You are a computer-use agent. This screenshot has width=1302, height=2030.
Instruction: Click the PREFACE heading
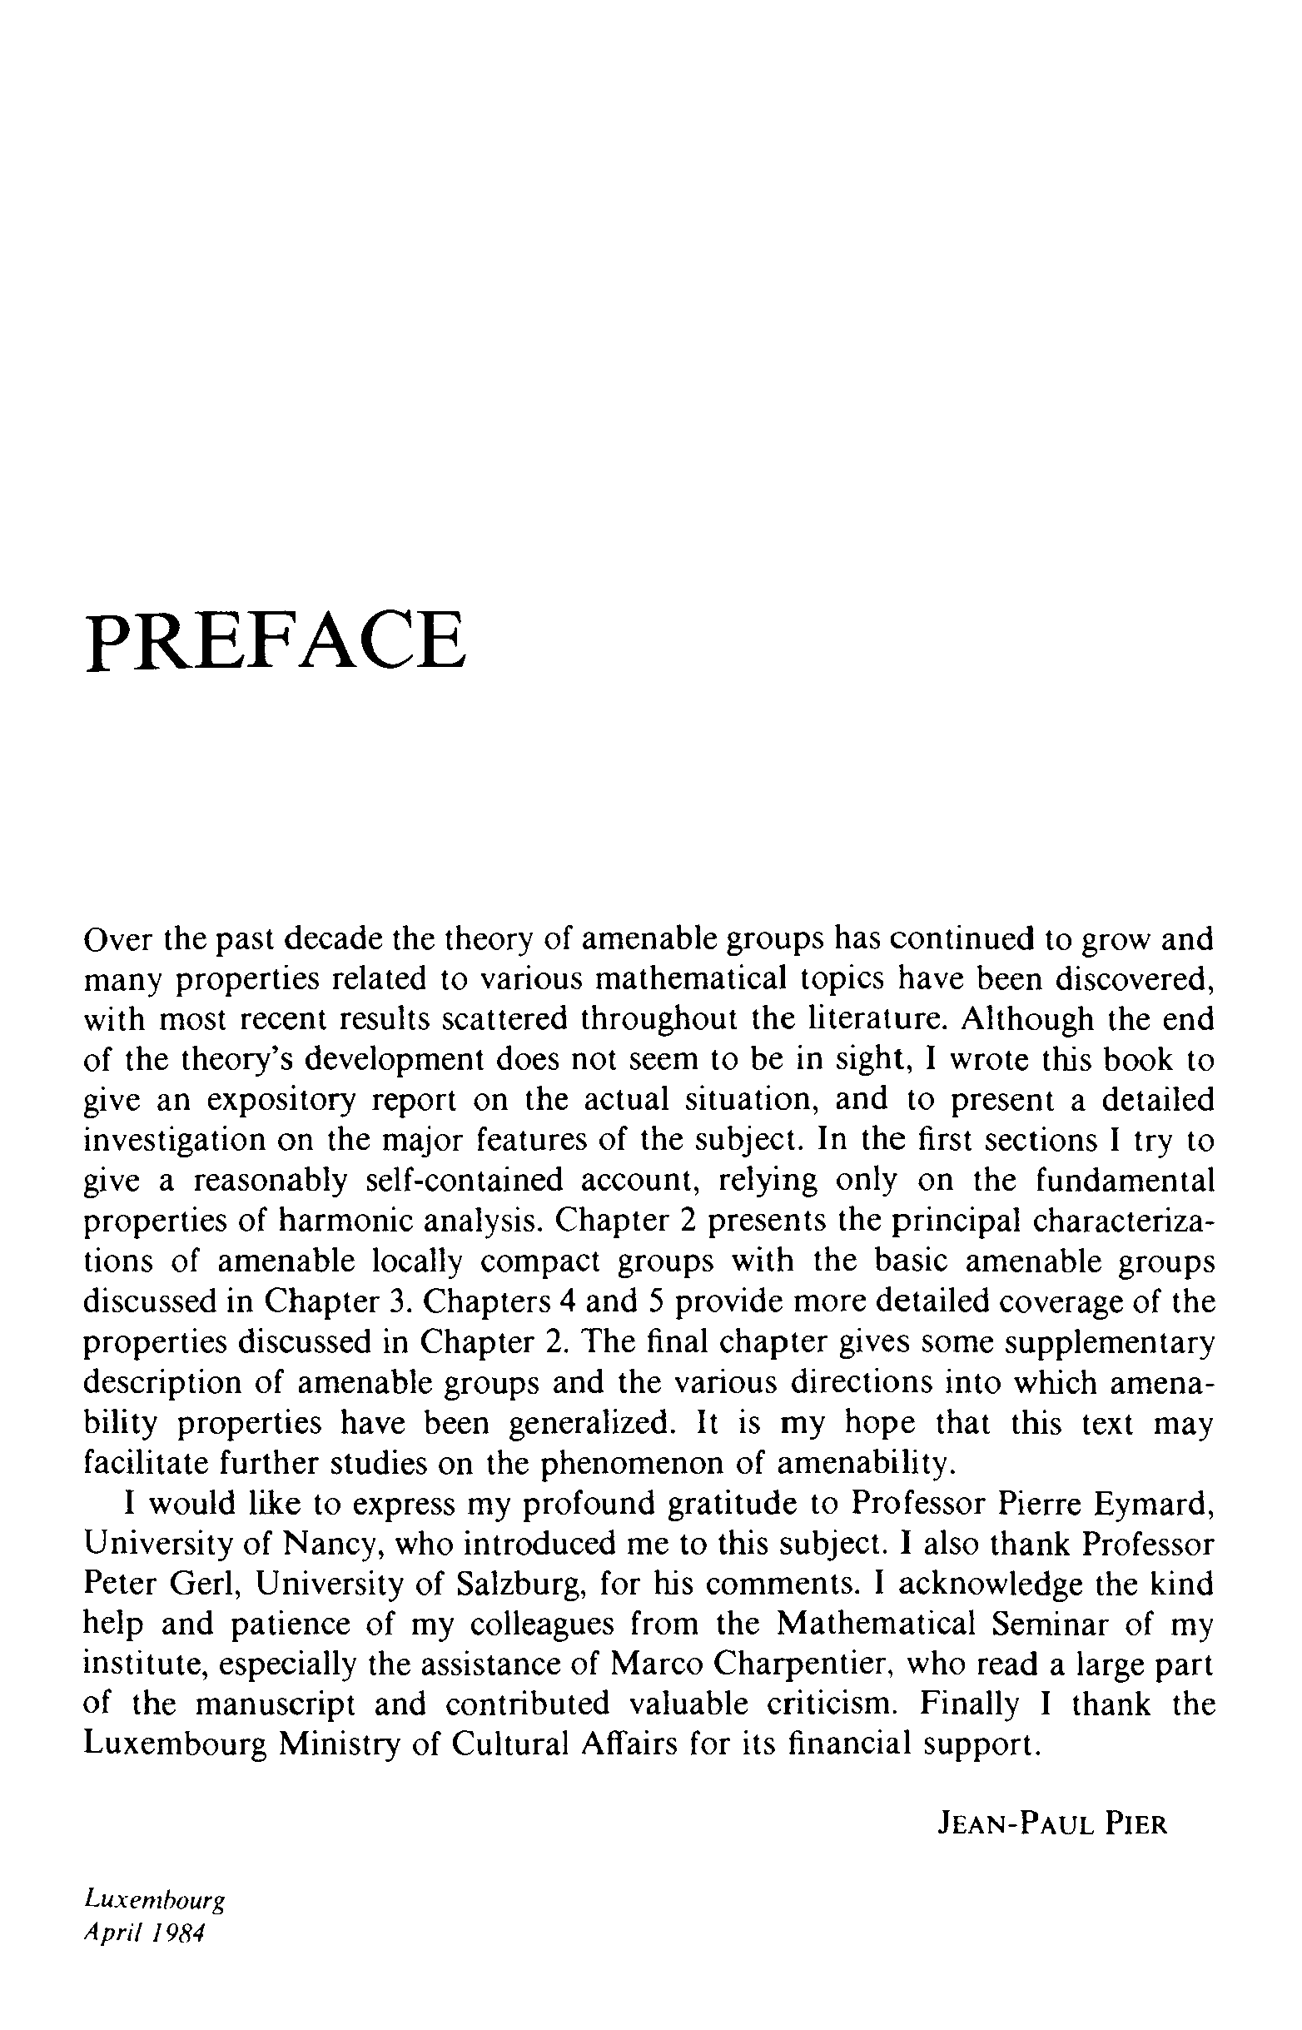point(276,640)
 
